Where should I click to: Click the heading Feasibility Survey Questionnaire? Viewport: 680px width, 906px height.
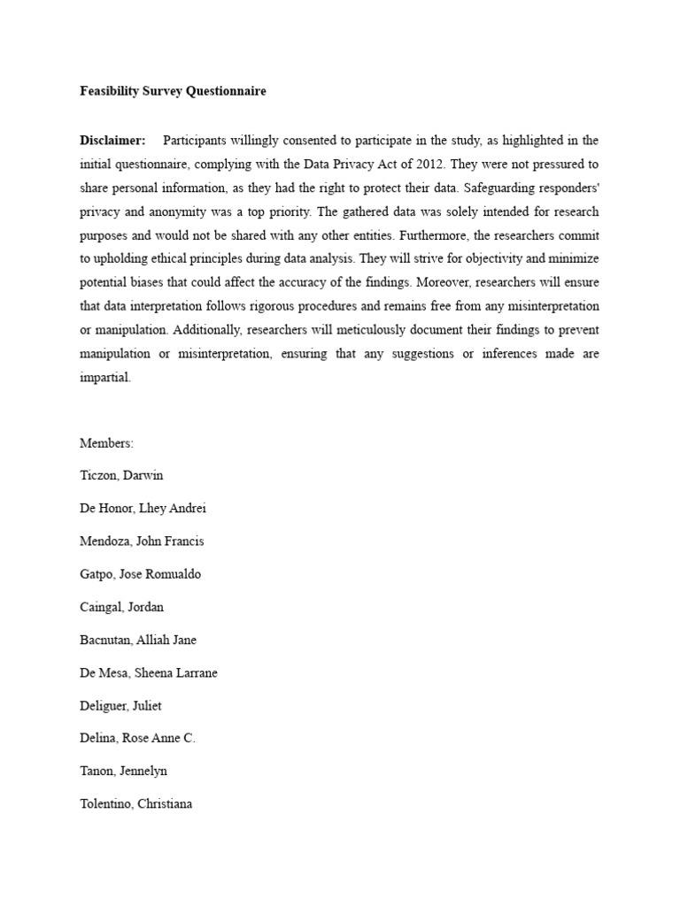pyautogui.click(x=174, y=91)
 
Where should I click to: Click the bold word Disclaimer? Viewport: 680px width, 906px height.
pyautogui.click(x=113, y=141)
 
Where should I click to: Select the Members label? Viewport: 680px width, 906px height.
pyautogui.click(x=106, y=443)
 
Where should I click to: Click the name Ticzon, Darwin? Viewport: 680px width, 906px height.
pyautogui.click(x=121, y=476)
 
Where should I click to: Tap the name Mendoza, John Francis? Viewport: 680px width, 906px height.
pyautogui.click(x=142, y=541)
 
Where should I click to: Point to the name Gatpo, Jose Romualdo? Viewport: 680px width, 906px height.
pyautogui.click(x=140, y=574)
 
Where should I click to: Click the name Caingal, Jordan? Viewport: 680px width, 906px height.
pyautogui.click(x=122, y=607)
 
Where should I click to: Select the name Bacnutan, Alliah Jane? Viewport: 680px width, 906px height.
pyautogui.click(x=138, y=640)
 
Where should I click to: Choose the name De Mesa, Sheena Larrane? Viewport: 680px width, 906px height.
pyautogui.click(x=149, y=672)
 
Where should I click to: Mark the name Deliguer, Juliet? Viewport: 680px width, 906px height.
pyautogui.click(x=121, y=706)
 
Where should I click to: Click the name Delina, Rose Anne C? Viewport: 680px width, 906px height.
pyautogui.click(x=137, y=739)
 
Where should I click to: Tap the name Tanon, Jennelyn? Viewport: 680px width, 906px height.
pyautogui.click(x=123, y=772)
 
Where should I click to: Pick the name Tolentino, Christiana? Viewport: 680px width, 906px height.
pyautogui.click(x=136, y=804)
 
